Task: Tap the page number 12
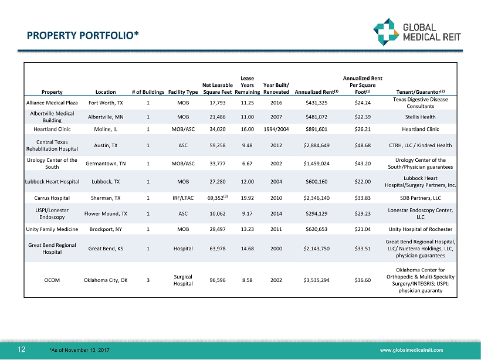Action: tap(21, 349)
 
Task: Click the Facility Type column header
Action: tap(183, 91)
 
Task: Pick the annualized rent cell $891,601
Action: tap(317, 129)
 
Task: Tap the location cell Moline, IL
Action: tap(106, 129)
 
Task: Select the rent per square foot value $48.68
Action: tap(366, 145)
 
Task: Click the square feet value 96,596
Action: tap(217, 280)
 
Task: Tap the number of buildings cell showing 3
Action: tap(148, 280)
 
